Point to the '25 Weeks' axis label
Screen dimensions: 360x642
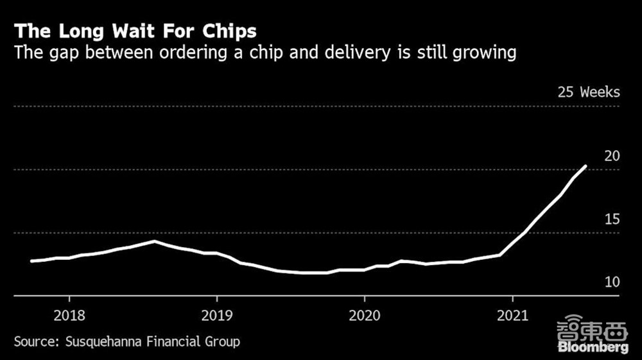[589, 92]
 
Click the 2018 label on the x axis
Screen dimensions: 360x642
[69, 316]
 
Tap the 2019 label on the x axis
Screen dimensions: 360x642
[216, 316]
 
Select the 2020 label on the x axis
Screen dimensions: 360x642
[364, 316]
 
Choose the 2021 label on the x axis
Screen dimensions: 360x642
[512, 316]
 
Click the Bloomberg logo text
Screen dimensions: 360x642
[593, 347]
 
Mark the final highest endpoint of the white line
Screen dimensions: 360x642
[586, 166]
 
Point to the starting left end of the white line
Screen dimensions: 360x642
[31, 261]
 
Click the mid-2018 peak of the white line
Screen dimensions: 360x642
[154, 241]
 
